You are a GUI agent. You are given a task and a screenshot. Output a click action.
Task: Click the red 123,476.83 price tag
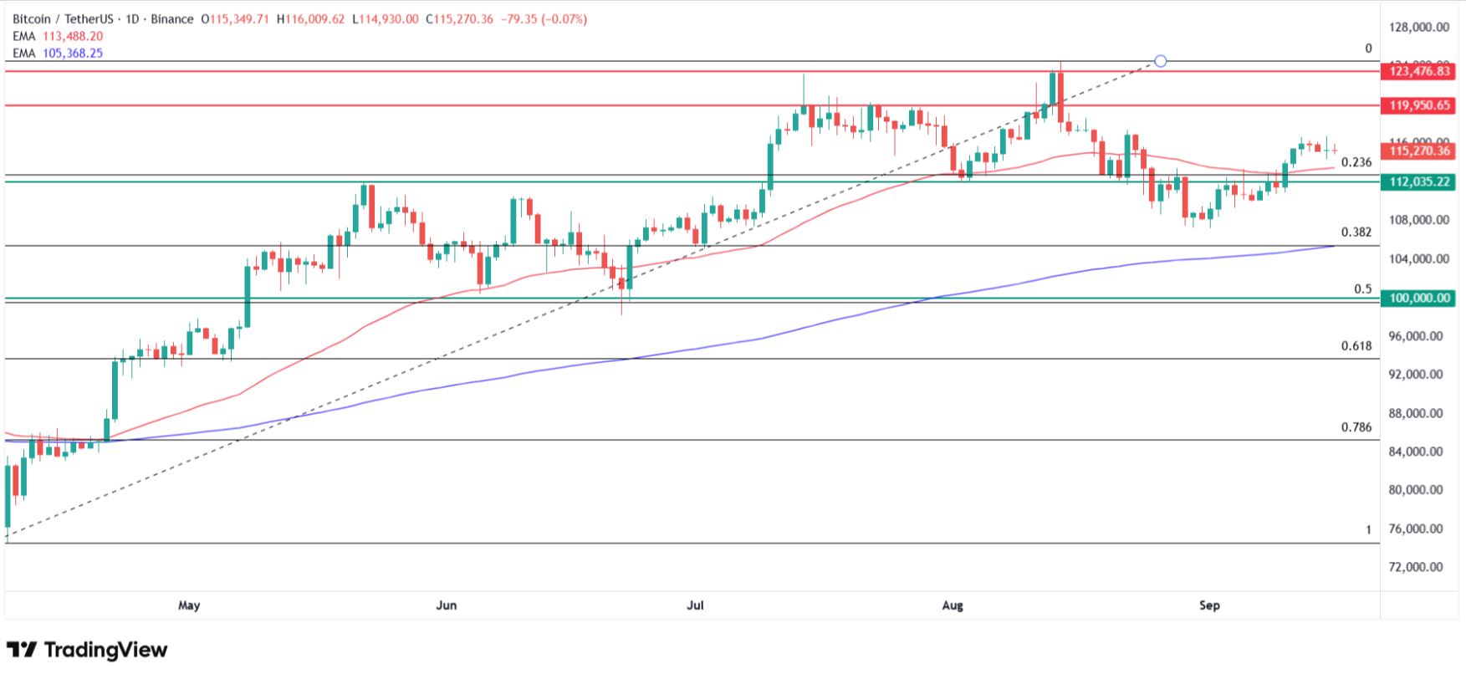(1420, 71)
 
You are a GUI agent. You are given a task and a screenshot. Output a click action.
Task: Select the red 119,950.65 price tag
(1420, 105)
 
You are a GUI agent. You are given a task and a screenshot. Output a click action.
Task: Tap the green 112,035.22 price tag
(1420, 181)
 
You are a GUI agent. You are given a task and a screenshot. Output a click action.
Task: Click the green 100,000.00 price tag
(1420, 298)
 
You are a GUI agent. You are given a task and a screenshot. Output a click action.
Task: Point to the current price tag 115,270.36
(1420, 151)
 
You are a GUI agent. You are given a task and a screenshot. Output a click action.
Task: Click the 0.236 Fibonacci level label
(1356, 162)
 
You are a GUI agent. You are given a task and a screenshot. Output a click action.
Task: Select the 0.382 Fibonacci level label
(1356, 232)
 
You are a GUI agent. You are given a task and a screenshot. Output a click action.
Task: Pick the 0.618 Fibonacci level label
(1356, 346)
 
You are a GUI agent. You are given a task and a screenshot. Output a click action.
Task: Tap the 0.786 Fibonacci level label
(1356, 427)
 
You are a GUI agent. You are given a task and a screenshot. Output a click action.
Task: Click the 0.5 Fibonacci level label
(1363, 289)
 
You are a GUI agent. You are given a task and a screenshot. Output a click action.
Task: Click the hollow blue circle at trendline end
(1160, 61)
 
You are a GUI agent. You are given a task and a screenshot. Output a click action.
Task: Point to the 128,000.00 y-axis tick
(1418, 28)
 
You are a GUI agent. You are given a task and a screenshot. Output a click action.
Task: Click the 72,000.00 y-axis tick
(1418, 567)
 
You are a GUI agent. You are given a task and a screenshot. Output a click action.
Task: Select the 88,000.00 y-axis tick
(1418, 413)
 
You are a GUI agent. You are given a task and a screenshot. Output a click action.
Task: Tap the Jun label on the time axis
(447, 605)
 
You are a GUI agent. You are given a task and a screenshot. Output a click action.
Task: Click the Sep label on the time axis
(1209, 605)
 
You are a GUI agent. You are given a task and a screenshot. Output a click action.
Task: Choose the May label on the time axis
(189, 605)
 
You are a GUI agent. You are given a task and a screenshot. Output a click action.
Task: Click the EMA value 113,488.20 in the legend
(73, 36)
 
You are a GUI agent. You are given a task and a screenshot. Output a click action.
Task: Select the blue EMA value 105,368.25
(73, 53)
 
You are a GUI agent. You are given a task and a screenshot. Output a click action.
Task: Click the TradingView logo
(87, 650)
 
